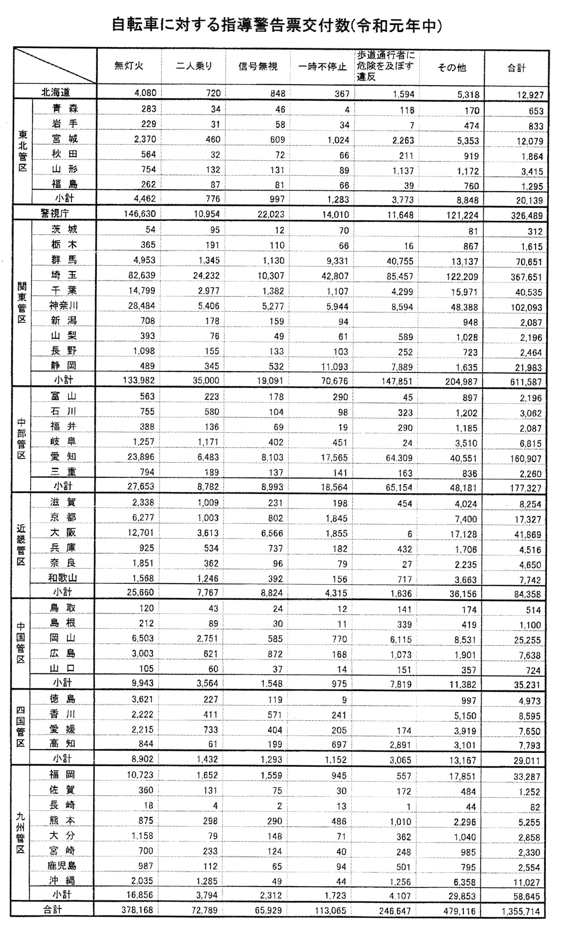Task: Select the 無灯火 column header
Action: pyautogui.click(x=129, y=66)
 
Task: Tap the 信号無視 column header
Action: pyautogui.click(x=258, y=66)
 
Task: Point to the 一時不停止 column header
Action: pyautogui.click(x=323, y=66)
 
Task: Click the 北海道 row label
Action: pyautogui.click(x=56, y=92)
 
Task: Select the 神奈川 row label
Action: pyautogui.click(x=64, y=306)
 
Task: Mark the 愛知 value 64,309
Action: pyautogui.click(x=398, y=458)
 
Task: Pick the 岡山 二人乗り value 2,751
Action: pyautogui.click(x=208, y=638)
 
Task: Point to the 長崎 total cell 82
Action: pyautogui.click(x=535, y=807)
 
